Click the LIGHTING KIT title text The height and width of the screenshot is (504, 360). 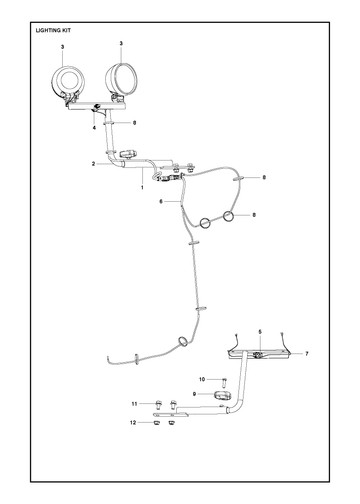(53, 30)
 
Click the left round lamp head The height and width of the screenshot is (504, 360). (69, 80)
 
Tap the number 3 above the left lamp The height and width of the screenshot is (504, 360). (62, 47)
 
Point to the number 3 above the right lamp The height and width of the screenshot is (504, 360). (121, 43)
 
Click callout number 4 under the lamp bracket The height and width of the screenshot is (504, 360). (94, 128)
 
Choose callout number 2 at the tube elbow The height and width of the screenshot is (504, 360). (94, 164)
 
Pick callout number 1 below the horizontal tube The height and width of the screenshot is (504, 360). (142, 188)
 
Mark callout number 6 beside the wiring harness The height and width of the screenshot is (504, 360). (161, 202)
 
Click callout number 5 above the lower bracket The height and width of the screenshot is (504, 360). (260, 332)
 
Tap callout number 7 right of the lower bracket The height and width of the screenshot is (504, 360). (307, 354)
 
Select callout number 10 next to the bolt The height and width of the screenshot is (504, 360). (202, 379)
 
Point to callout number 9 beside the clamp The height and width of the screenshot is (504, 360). (194, 394)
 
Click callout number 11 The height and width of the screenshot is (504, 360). (134, 404)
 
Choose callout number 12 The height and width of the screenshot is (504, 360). (133, 423)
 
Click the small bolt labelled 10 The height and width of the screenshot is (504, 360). (224, 382)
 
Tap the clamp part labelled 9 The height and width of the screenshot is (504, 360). (221, 396)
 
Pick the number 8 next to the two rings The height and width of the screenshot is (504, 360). (254, 215)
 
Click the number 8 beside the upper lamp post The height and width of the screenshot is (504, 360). (134, 123)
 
